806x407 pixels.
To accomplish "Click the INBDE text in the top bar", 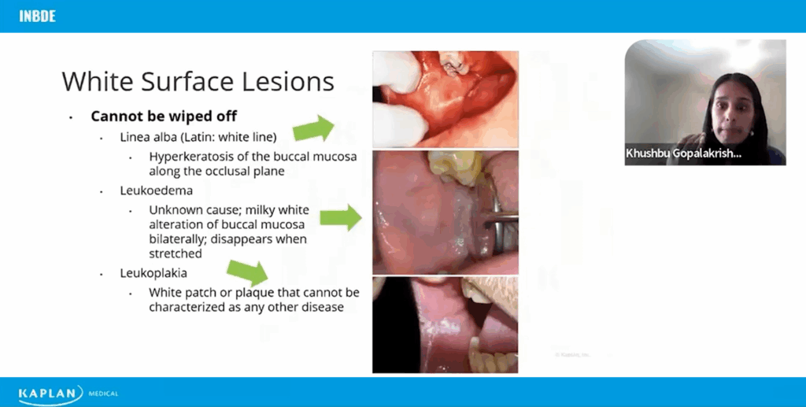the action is coord(37,16).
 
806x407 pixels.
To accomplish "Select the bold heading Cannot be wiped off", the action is coord(164,117).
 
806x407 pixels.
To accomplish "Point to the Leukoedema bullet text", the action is coord(157,191).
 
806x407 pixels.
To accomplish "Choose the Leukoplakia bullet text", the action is coord(153,273).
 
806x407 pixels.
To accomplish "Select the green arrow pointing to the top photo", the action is coord(313,128).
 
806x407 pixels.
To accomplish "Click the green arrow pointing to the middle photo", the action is coord(341,217).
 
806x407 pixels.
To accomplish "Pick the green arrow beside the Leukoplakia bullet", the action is coord(248,272).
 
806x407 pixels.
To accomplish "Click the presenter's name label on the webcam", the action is coord(683,154).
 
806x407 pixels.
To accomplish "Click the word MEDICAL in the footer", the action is coord(103,394).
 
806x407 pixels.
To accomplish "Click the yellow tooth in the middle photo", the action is coord(456,167).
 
